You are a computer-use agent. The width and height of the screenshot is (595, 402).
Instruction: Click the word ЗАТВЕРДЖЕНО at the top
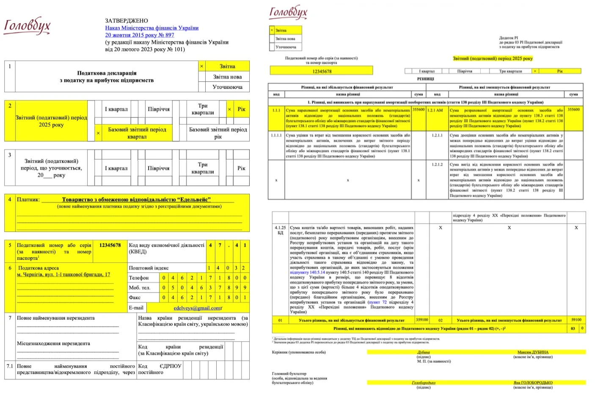pos(127,21)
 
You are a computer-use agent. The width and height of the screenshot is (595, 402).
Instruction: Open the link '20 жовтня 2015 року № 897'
pos(140,35)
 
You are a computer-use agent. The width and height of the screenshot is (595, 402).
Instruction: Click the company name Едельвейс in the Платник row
pos(136,199)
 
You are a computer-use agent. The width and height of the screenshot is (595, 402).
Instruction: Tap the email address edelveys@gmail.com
pos(197,308)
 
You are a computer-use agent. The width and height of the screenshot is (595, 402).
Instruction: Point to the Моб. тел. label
pos(139,288)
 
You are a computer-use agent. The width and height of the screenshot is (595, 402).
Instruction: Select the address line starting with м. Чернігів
pos(63,274)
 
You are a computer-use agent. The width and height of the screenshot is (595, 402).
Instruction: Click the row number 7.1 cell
pos(10,366)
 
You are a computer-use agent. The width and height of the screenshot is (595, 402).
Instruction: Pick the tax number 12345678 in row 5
pos(110,245)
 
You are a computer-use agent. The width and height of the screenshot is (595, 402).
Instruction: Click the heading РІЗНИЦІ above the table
pos(425,79)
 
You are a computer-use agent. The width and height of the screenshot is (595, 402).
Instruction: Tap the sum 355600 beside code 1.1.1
pos(419,110)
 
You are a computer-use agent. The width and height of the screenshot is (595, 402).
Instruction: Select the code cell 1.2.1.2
pos(437,164)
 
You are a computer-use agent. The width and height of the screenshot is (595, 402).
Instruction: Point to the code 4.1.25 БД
pos(280,230)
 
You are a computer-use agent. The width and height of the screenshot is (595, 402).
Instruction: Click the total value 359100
pos(421,320)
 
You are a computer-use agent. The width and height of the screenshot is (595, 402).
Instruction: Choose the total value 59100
pos(576,320)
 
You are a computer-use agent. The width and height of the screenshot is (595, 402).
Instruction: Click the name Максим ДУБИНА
pos(532,352)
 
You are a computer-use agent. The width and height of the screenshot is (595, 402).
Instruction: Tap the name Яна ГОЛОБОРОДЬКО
pos(533,383)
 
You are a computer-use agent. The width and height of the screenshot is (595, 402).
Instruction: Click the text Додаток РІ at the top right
pos(508,38)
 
